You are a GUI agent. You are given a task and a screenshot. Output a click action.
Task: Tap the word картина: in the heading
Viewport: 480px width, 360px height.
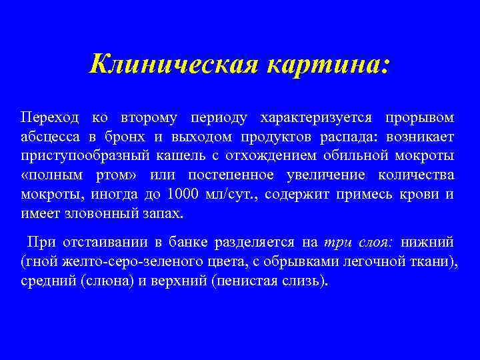point(327,65)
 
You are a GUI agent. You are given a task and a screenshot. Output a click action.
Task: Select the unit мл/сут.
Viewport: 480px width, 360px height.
point(231,195)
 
